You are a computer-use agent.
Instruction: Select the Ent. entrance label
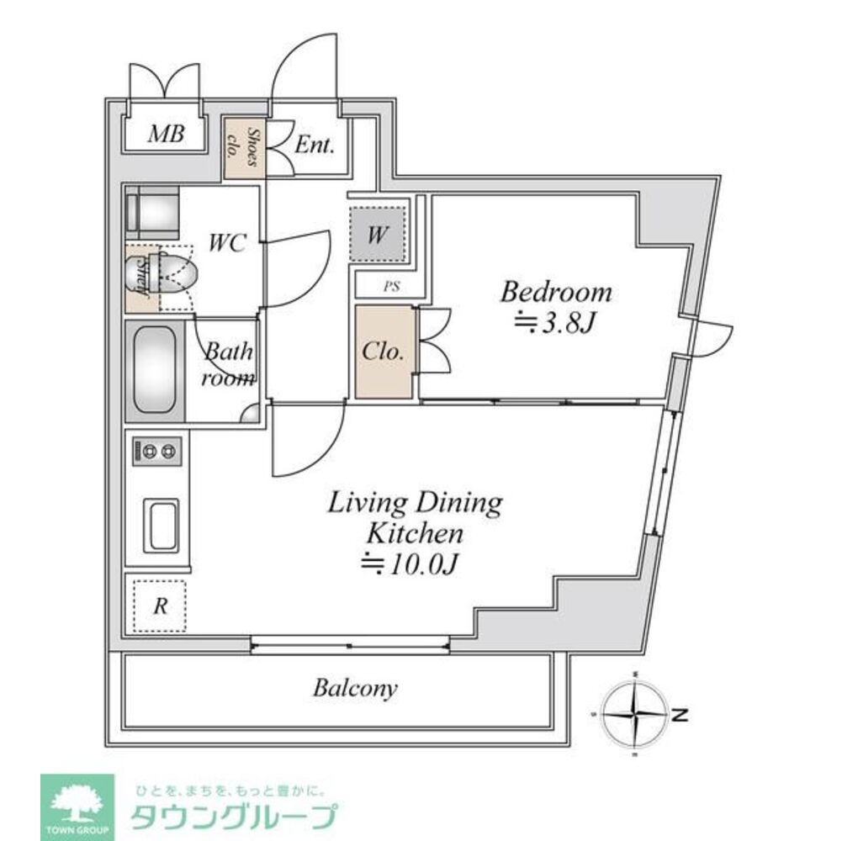[315, 145]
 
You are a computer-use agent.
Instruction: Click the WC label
[227, 244]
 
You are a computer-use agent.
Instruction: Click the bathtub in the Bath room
[155, 369]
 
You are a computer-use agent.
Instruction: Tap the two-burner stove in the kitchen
[156, 452]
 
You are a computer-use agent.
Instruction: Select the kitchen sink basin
[161, 525]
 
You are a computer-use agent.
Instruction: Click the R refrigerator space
[159, 604]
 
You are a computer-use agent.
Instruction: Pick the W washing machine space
[377, 232]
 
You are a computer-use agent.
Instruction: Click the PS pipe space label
[391, 286]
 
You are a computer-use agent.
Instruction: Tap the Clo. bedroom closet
[384, 352]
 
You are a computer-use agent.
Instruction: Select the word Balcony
[355, 689]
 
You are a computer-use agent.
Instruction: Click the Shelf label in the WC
[141, 278]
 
